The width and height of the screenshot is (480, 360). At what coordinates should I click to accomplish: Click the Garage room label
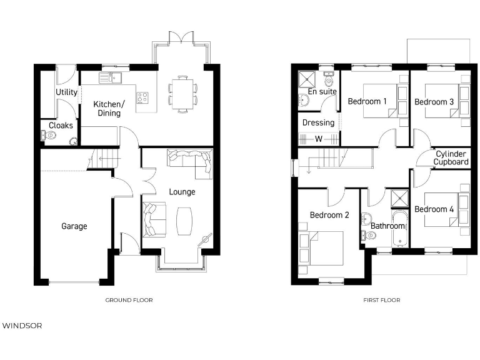(74, 226)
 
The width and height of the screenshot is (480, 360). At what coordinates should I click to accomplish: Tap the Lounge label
(182, 192)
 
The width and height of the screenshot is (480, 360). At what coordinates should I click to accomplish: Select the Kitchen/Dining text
(109, 109)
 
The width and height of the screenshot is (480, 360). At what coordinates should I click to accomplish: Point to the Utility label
(66, 92)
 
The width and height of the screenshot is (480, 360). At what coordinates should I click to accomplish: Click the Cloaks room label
(61, 125)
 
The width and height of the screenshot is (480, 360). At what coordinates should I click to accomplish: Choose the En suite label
(322, 92)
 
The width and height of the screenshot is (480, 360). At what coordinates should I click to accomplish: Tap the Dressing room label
(318, 122)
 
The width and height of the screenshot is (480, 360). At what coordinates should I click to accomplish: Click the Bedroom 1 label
(367, 101)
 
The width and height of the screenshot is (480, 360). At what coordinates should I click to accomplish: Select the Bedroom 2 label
(329, 215)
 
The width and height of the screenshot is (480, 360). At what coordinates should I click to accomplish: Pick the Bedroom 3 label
(434, 102)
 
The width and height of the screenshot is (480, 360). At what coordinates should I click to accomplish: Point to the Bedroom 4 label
(434, 209)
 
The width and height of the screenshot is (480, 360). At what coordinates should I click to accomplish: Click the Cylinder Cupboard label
(451, 158)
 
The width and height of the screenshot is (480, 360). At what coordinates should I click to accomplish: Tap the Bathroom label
(387, 226)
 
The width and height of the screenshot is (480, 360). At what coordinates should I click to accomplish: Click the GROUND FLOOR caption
(129, 300)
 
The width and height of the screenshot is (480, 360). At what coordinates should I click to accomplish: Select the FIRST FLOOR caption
(381, 300)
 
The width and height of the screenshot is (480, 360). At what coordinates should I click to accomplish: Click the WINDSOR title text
(22, 326)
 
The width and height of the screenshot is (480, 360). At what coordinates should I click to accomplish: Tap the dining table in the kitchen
(182, 93)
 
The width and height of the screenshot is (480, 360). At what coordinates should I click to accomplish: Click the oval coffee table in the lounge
(185, 221)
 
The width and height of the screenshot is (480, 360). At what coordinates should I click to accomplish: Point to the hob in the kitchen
(142, 97)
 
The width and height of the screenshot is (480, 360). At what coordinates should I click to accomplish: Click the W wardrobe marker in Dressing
(318, 139)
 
